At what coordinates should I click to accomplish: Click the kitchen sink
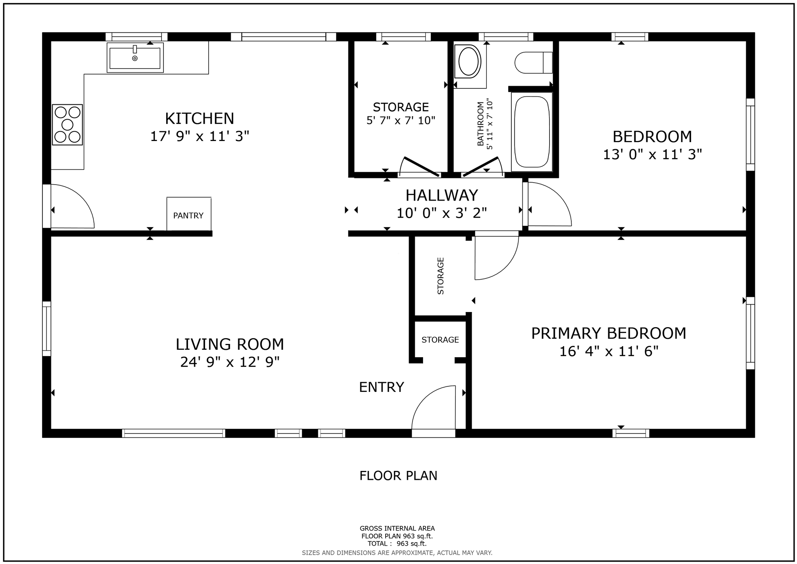135,58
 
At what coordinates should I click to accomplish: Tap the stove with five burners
67,125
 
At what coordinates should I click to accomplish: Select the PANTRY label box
189,215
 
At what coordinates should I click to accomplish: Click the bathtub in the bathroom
532,132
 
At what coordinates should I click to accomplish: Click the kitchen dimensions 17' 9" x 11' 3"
199,136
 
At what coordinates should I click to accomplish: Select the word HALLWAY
442,195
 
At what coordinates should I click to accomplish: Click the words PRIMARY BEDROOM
608,333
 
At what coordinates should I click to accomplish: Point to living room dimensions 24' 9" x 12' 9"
230,362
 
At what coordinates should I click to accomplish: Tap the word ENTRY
381,387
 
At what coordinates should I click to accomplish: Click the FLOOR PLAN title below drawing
398,476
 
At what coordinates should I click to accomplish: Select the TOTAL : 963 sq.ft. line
397,543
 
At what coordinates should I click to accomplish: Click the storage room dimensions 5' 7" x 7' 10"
400,120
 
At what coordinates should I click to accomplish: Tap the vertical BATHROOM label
481,124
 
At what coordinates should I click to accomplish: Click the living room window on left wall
46,329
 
